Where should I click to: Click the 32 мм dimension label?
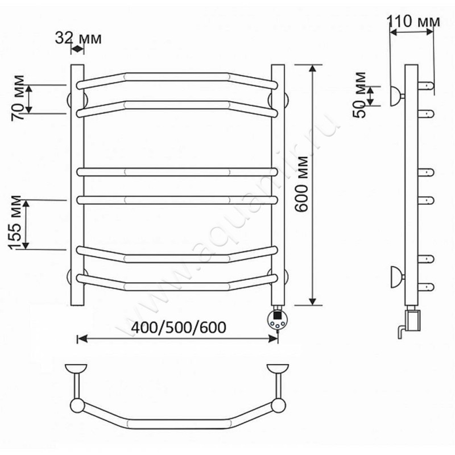pyautogui.click(x=78, y=38)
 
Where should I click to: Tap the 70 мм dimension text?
pyautogui.click(x=18, y=98)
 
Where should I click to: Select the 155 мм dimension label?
pyautogui.click(x=15, y=222)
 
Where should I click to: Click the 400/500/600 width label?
pyautogui.click(x=179, y=328)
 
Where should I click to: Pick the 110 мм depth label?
pyautogui.click(x=413, y=21)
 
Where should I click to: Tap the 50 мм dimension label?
pyautogui.click(x=359, y=94)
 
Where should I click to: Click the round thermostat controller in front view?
pyautogui.click(x=278, y=319)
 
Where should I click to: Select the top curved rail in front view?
pyautogui.click(x=177, y=77)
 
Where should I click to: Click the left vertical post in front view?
pyautogui.click(x=77, y=185)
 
